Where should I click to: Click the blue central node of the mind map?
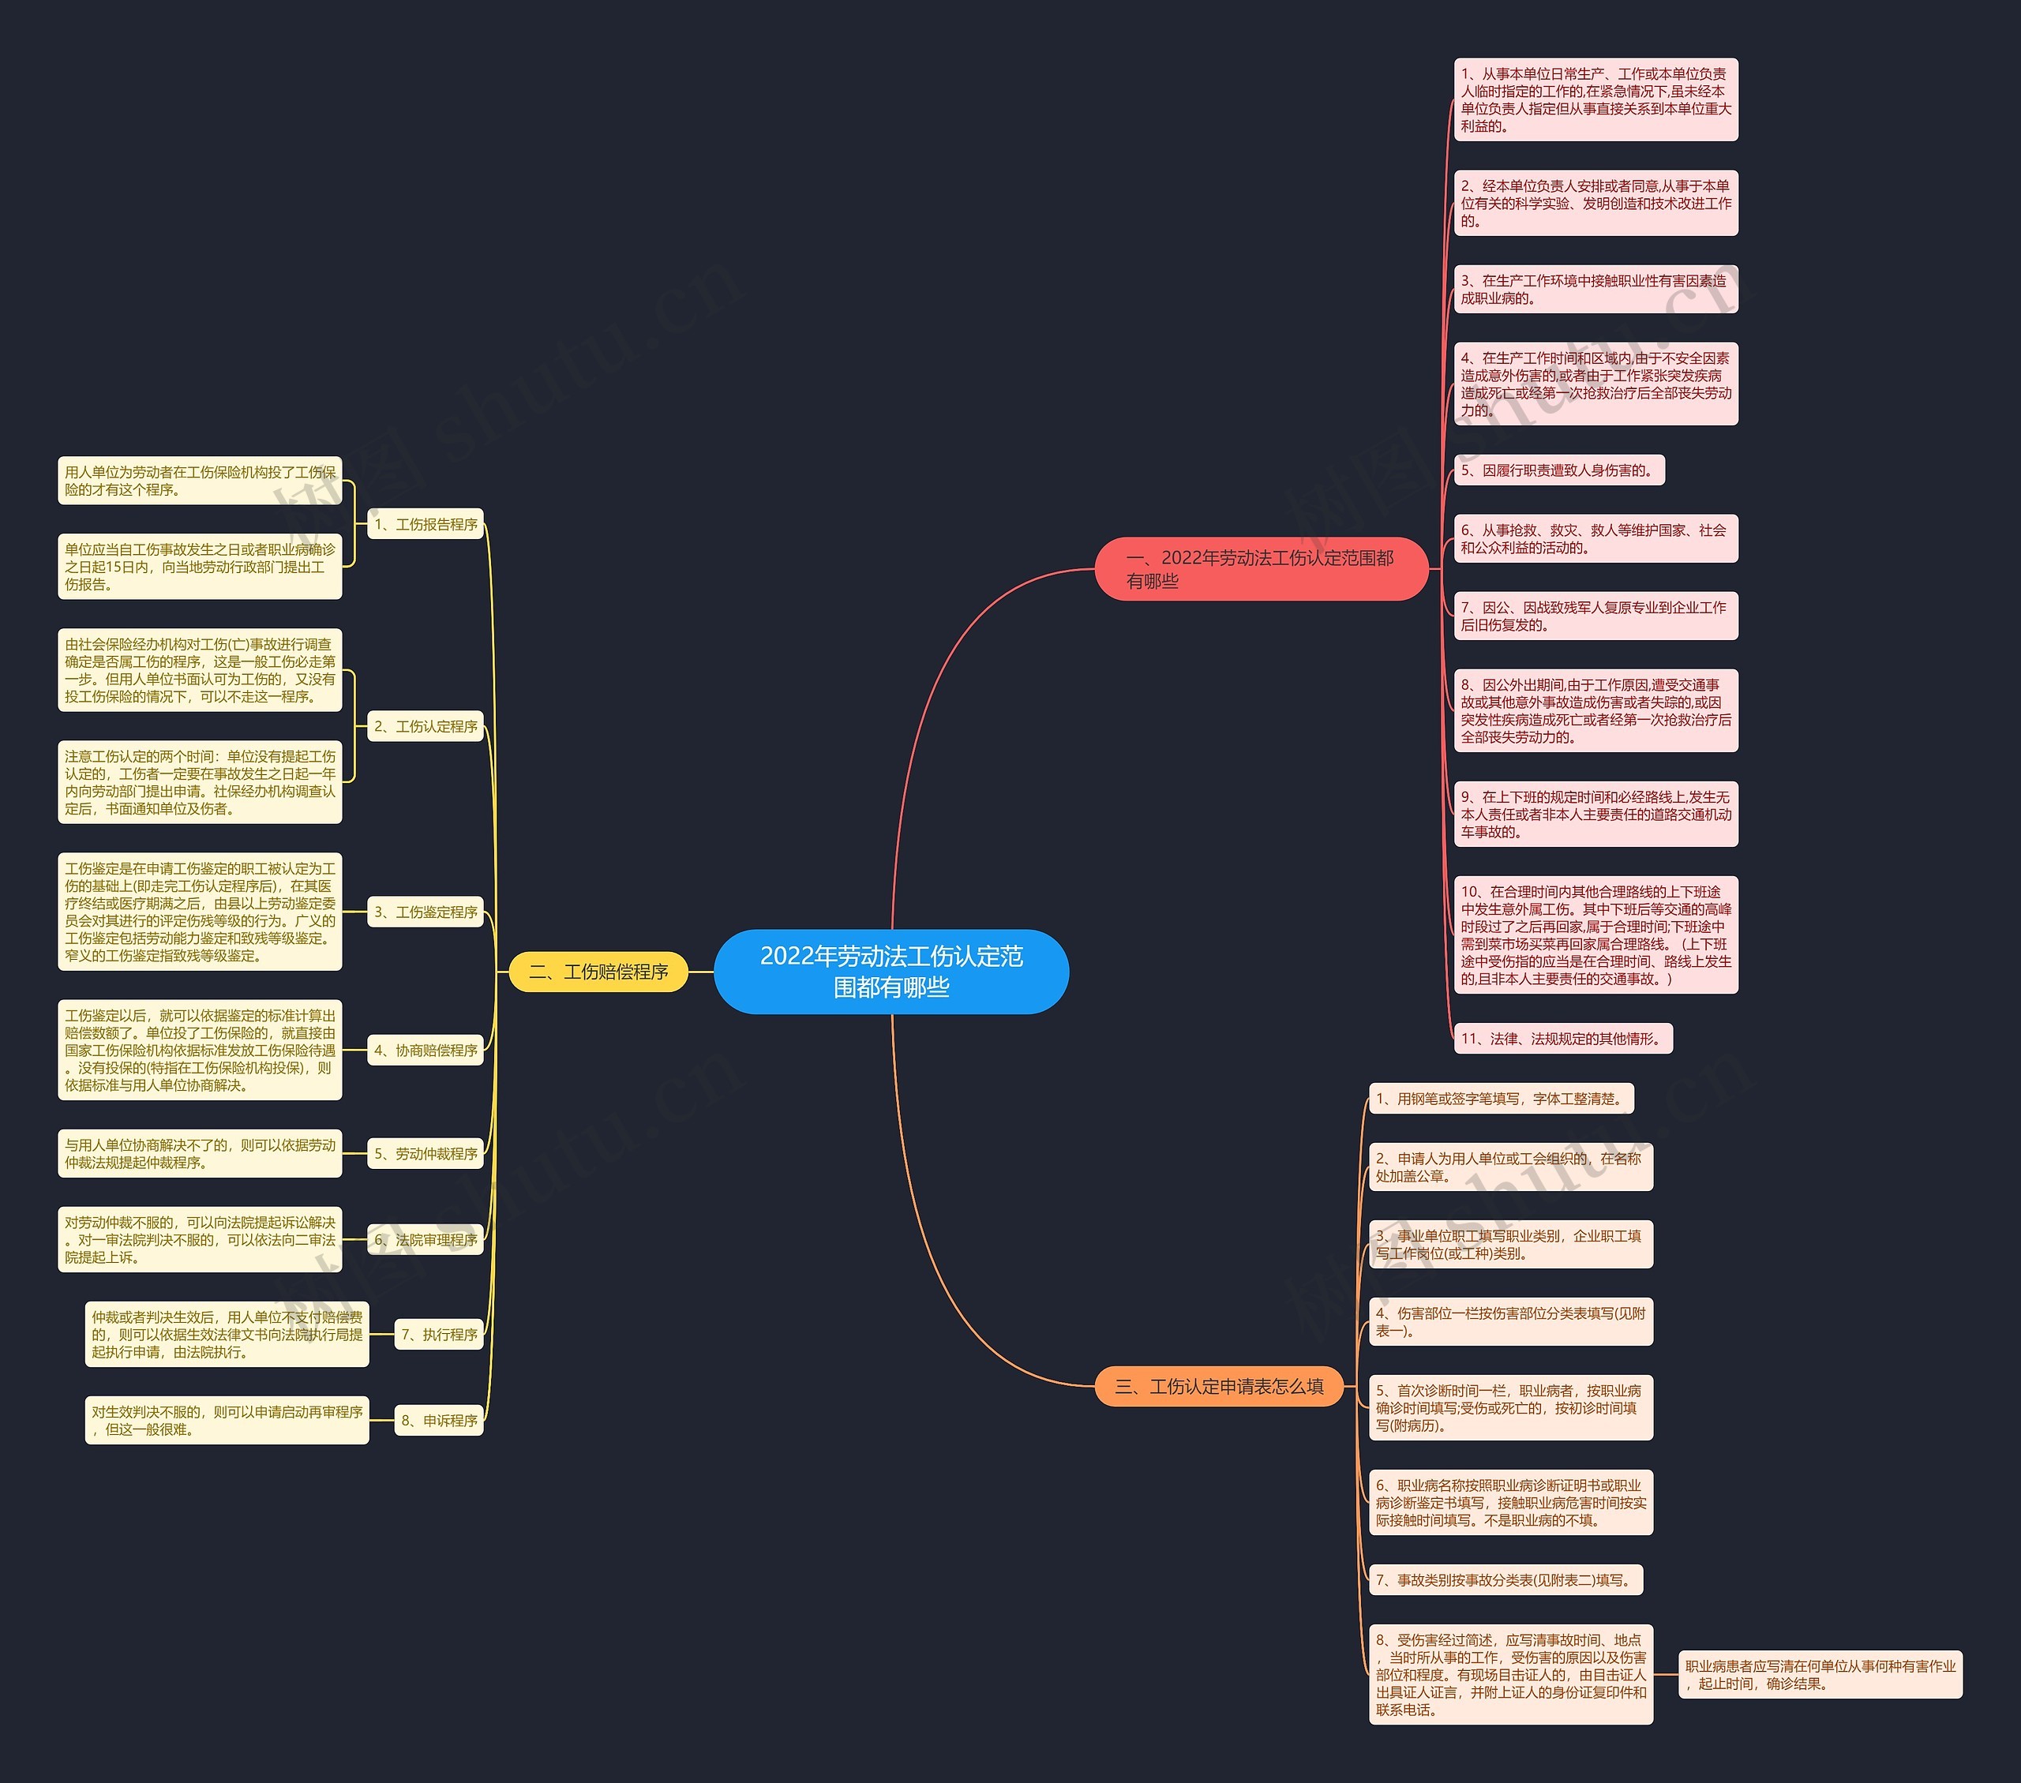click(x=891, y=971)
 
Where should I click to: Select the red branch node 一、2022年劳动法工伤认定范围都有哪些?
click(x=1261, y=569)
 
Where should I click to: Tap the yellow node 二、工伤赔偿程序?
click(x=598, y=972)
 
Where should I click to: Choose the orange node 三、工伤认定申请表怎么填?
click(x=1219, y=1387)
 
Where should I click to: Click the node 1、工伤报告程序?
click(x=426, y=524)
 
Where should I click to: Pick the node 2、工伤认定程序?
click(x=426, y=726)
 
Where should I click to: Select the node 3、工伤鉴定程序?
click(x=426, y=912)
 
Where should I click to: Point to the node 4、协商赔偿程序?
click(x=426, y=1051)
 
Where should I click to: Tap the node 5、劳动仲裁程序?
click(x=426, y=1153)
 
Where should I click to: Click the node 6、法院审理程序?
click(x=426, y=1239)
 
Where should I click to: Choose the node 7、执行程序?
click(x=439, y=1334)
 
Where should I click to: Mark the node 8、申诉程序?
click(x=439, y=1420)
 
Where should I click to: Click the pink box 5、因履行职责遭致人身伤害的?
click(x=1559, y=470)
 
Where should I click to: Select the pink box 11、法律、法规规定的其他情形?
click(x=1563, y=1039)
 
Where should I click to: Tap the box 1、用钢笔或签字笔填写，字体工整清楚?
click(x=1501, y=1099)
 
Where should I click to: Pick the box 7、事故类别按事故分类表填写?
click(x=1505, y=1580)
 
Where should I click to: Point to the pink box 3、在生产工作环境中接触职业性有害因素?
click(x=1595, y=290)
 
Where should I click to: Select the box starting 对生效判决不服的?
click(x=227, y=1420)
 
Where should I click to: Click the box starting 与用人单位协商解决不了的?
click(x=200, y=1153)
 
